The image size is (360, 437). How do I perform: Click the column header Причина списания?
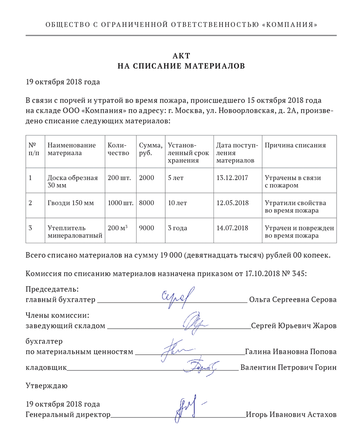point(295,145)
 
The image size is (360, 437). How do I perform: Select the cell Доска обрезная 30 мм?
point(73,181)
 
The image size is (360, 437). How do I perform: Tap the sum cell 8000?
point(146,203)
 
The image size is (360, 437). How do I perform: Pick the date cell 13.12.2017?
point(232,177)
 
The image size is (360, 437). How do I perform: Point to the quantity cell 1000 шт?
point(120,203)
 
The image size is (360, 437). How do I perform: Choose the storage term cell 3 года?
point(177,228)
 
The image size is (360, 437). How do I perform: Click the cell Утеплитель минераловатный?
point(75,232)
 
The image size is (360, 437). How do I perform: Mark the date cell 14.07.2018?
point(232,228)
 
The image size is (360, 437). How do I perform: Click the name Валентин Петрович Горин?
point(288,367)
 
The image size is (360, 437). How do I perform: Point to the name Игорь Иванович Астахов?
point(291,415)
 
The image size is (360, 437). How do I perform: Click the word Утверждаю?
point(46,386)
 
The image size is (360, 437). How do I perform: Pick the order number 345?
point(300,274)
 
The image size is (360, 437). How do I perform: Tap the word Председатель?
point(52,289)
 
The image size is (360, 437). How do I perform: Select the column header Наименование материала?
point(72,149)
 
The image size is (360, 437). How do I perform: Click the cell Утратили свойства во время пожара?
point(295,207)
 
